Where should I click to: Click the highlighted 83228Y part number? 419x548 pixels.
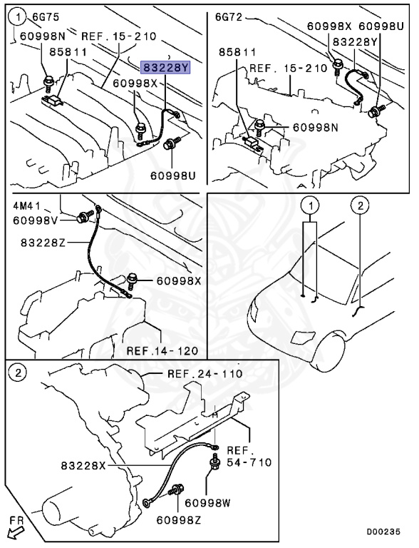coord(165,67)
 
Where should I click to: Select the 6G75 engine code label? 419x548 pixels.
coord(46,17)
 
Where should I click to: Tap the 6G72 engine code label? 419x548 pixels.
coord(229,17)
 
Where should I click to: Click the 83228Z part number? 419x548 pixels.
coord(43,242)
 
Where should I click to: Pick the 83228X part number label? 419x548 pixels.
coord(83,466)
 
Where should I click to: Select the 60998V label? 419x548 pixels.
coord(36,220)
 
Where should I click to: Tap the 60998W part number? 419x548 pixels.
coord(208,503)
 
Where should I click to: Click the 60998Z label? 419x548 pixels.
coord(179,520)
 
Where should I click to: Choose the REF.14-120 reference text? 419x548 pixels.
coord(162,350)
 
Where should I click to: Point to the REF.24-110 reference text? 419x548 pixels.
coord(205,374)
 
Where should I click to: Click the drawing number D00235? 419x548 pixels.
coord(383,532)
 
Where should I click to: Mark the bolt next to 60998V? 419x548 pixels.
coord(86,217)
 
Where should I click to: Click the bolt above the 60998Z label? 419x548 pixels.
coord(176,489)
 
